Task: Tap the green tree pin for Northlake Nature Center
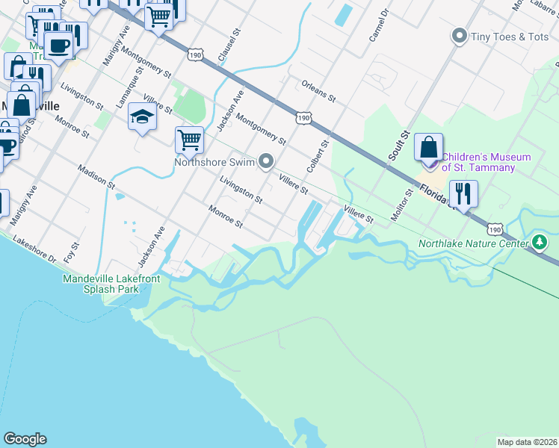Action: pyautogui.click(x=540, y=242)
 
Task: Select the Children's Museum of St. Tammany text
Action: pyautogui.click(x=486, y=162)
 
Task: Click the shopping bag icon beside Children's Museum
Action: pyautogui.click(x=429, y=148)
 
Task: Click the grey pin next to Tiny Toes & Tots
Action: pyautogui.click(x=459, y=36)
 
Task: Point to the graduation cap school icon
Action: pyautogui.click(x=142, y=116)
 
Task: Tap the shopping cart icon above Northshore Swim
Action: pyautogui.click(x=190, y=139)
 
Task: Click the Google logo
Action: pyautogui.click(x=25, y=439)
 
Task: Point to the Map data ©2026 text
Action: pyautogui.click(x=527, y=442)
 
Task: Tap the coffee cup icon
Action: pyautogui.click(x=58, y=45)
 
